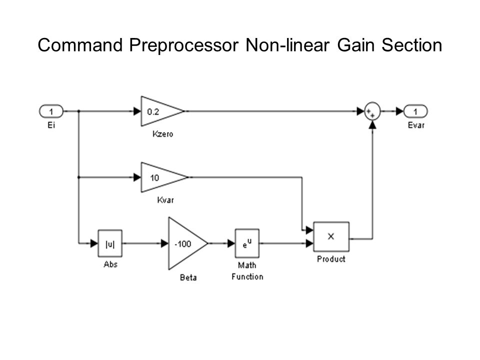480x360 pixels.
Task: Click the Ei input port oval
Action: [x=51, y=111]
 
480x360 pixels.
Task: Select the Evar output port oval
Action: [x=415, y=111]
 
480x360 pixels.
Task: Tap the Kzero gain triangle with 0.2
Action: [x=162, y=111]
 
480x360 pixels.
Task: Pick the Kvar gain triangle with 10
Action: [x=164, y=177]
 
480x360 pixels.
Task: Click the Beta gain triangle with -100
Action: [x=187, y=243]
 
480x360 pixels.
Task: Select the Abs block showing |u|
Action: [x=110, y=243]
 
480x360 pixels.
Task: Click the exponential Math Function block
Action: [x=247, y=243]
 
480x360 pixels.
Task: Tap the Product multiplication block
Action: [x=331, y=236]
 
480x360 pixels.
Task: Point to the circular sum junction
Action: [x=372, y=111]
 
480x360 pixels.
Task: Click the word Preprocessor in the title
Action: [x=183, y=45]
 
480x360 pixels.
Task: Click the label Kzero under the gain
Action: [x=162, y=134]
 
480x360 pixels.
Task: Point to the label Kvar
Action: [x=165, y=200]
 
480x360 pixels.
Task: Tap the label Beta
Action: [x=188, y=277]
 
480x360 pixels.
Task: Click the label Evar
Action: [x=416, y=125]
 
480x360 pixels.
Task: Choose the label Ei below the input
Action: [x=51, y=125]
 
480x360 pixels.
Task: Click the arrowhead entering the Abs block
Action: [x=94, y=243]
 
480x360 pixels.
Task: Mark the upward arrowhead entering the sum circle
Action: [x=372, y=124]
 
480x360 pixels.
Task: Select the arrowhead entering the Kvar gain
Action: [x=137, y=177]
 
